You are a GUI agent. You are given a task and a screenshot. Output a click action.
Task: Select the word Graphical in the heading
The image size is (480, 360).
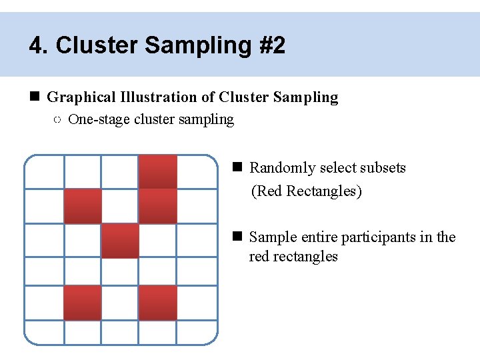pos(81,97)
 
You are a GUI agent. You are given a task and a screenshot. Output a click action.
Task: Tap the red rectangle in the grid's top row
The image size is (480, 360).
pos(158,171)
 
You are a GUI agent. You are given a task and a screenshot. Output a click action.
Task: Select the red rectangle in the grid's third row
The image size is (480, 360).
pos(120,241)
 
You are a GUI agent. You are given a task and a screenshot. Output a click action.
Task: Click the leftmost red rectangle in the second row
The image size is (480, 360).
pos(83,206)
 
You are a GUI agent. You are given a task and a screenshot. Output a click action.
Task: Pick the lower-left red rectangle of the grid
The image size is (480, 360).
pos(83,303)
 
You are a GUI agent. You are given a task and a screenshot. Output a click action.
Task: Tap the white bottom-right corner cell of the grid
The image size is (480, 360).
pos(197,331)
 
